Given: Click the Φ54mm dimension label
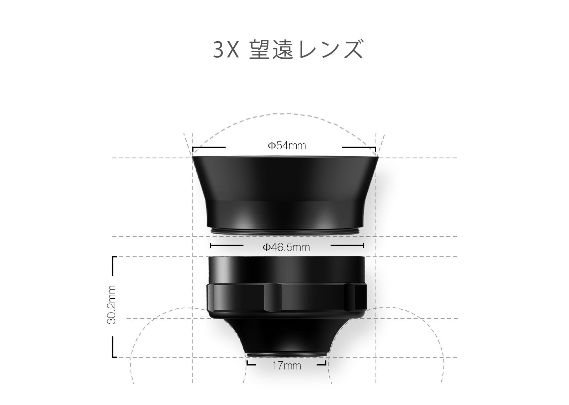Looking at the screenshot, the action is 287,146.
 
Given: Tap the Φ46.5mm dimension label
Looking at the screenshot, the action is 286,247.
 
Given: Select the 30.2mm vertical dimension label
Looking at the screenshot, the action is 112,305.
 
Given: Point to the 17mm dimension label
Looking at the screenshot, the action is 287,366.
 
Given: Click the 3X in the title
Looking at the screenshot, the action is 226,50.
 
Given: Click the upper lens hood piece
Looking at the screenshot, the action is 285,193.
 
